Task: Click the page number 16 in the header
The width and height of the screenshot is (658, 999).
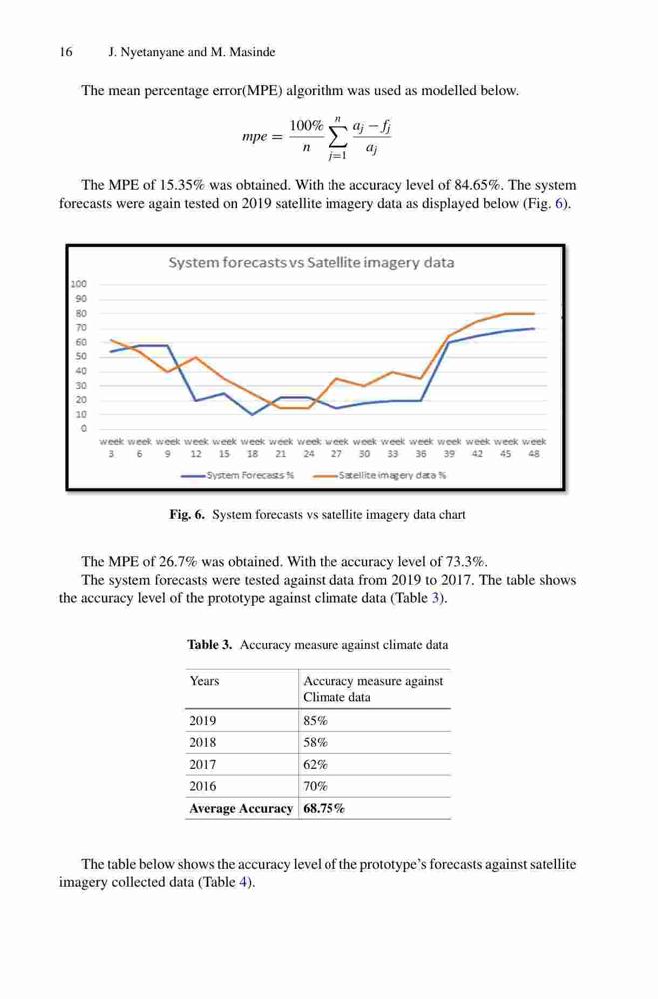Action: pos(66,52)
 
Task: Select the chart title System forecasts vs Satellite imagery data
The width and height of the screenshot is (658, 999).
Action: pos(312,263)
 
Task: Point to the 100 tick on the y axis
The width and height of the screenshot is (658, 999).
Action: pos(78,284)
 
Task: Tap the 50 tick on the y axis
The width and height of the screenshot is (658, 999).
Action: pos(81,357)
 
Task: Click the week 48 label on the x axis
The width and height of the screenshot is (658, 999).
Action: pos(534,448)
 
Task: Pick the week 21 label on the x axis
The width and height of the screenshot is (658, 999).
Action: pos(281,448)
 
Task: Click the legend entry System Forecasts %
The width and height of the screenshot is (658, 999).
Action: pos(237,475)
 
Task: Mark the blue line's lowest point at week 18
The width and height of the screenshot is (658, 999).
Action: pos(253,415)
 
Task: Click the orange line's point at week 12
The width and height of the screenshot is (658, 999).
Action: pos(196,357)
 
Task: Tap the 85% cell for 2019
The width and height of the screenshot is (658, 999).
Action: pos(316,721)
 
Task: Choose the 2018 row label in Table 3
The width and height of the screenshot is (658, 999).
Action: pos(203,743)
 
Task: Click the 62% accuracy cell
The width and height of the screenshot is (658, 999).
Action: pos(316,764)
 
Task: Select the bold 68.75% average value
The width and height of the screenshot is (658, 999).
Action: pos(325,808)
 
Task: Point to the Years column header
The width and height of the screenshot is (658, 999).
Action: pos(204,681)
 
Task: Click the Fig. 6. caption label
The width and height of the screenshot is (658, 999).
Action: pos(187,514)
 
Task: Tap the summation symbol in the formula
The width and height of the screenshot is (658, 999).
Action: pos(337,135)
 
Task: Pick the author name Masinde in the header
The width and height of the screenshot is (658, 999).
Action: pos(252,52)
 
